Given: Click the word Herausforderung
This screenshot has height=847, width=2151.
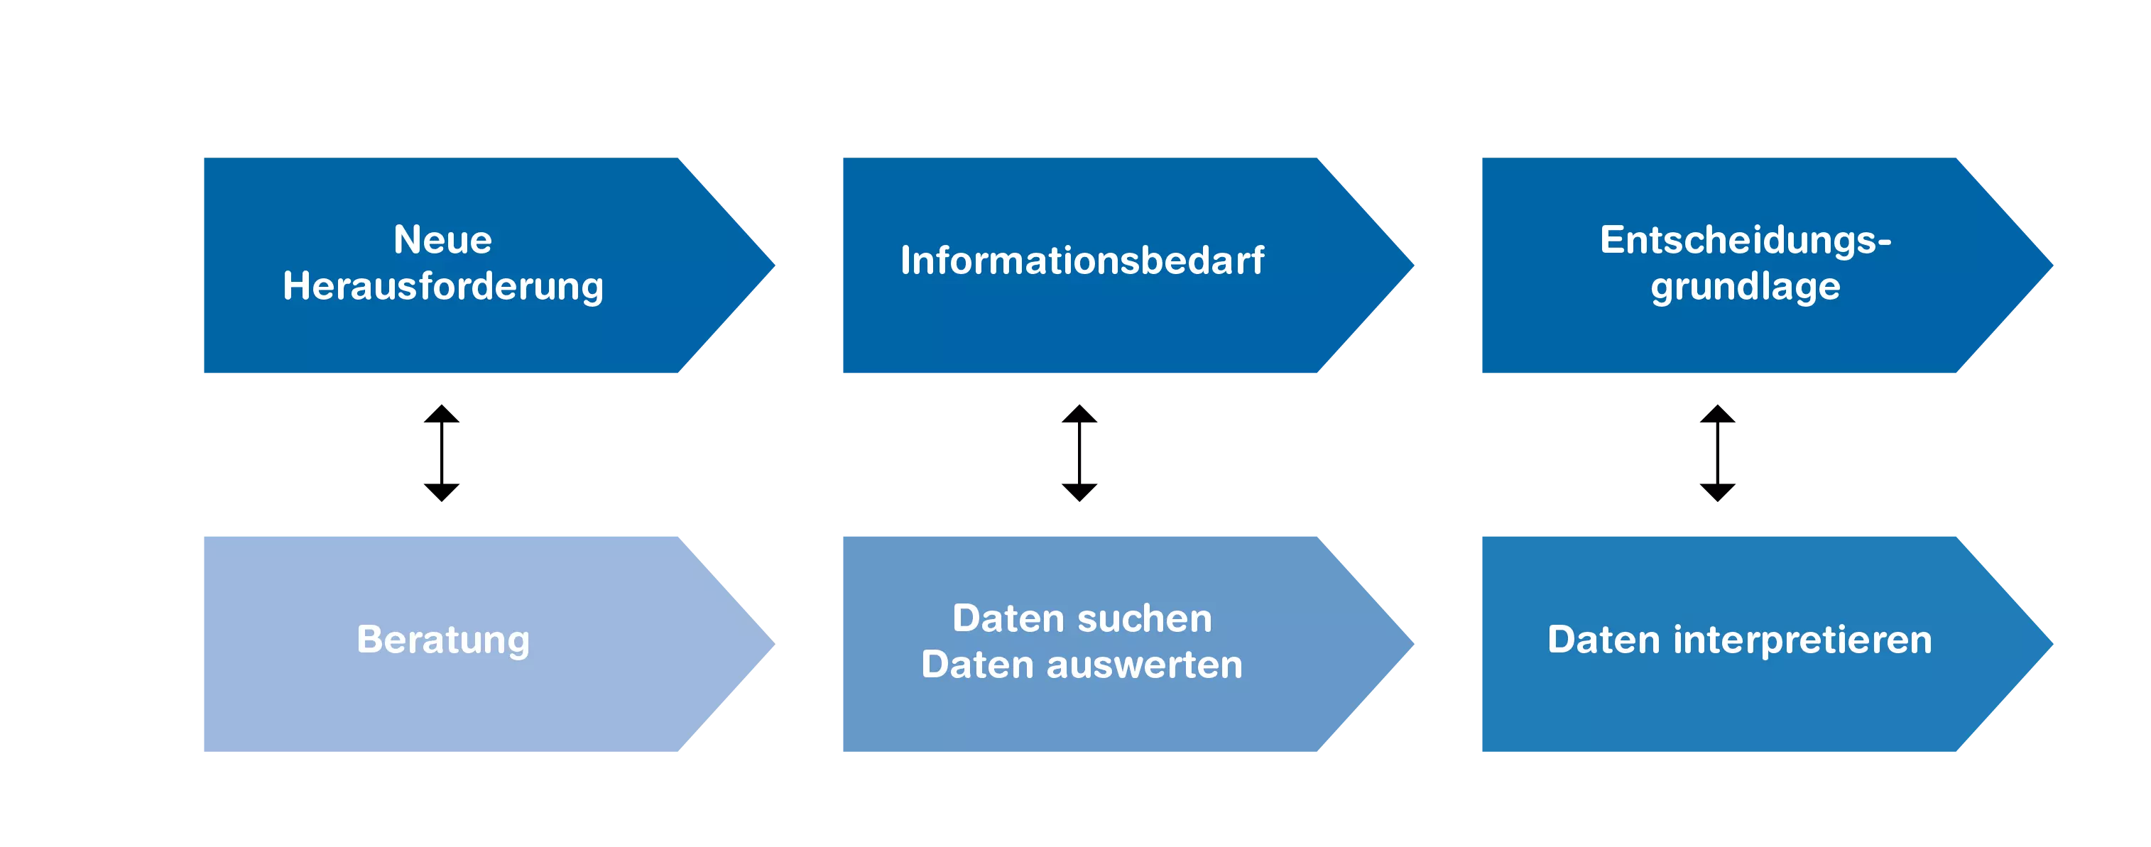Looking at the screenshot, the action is coord(442,286).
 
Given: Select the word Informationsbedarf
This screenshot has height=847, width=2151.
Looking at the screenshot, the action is coord(1082,261).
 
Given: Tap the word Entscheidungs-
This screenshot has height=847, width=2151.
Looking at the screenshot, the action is coord(1746,241).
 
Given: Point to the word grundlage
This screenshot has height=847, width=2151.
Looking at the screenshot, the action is coord(1746,287).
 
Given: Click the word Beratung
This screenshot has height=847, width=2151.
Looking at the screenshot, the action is coord(443,641).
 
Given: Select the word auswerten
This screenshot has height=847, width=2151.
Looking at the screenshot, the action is coord(1145,666).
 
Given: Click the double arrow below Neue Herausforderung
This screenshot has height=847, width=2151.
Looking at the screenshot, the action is coord(442,453).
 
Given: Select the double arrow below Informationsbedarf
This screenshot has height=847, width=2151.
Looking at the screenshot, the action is coord(1079,453).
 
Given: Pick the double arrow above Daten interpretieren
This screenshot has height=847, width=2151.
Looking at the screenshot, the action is coord(1718,453).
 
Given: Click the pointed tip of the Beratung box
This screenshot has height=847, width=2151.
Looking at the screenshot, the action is coord(774,643).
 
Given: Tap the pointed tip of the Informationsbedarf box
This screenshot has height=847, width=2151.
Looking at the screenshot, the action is coord(1413,266).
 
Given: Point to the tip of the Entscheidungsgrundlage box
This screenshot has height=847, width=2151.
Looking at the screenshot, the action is coord(2052,266).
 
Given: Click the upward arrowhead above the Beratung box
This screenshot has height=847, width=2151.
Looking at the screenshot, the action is coord(442,414).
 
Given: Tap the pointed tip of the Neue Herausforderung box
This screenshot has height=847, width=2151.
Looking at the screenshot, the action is coord(774,266).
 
